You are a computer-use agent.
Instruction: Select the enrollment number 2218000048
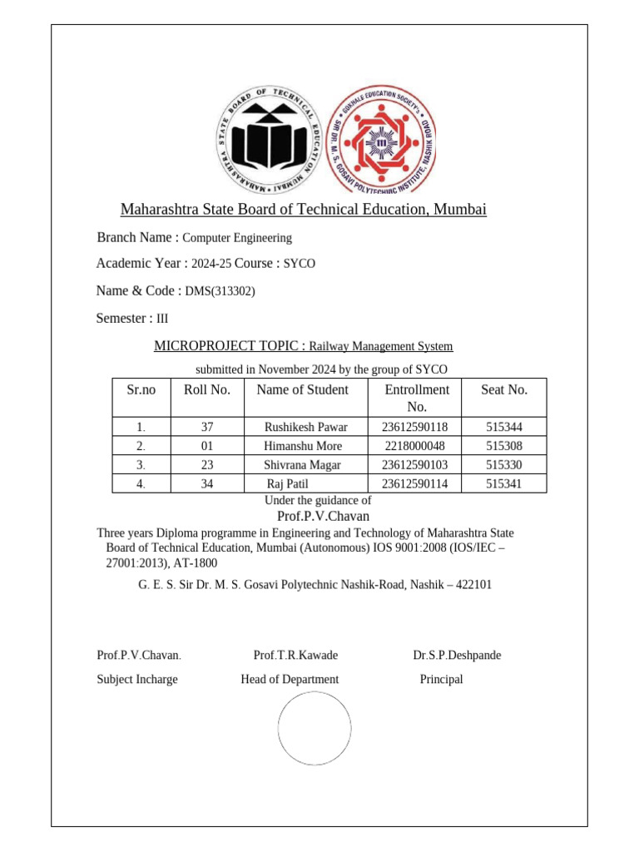pos(408,446)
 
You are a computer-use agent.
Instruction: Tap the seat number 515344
pos(504,427)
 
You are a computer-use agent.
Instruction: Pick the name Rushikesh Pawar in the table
pos(305,427)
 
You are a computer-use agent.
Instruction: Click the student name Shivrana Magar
pos(302,465)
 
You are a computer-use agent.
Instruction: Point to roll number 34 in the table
pos(208,483)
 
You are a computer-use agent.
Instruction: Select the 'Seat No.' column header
pos(504,389)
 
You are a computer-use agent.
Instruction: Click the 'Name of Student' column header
pos(303,389)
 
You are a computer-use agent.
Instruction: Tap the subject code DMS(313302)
pos(220,291)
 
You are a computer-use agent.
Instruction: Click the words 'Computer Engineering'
pos(237,238)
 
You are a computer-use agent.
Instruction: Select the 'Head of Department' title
pos(290,679)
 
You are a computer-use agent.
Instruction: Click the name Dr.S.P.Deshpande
pos(457,655)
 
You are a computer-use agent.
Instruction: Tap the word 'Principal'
pos(441,679)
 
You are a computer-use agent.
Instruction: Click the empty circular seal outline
pos(315,729)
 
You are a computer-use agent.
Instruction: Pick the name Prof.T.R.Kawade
pos(295,655)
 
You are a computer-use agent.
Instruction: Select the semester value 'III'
pos(163,319)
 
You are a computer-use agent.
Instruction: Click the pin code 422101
pos(473,585)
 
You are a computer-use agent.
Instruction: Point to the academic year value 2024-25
pos(211,264)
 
